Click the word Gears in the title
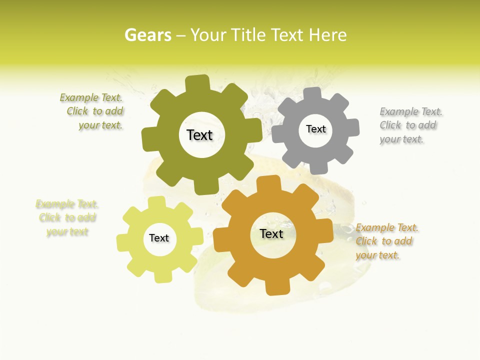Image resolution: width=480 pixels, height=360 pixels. [x=147, y=35]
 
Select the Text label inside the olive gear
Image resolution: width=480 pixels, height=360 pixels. [x=199, y=135]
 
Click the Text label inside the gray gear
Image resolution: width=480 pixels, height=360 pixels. [x=315, y=129]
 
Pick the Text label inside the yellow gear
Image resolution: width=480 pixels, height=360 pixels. [x=159, y=238]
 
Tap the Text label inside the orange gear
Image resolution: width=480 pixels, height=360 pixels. [x=271, y=233]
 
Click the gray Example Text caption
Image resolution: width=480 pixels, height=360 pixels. [x=410, y=125]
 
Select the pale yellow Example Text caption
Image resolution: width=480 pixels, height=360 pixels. [x=67, y=218]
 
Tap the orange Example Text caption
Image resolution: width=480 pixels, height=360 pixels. [x=386, y=241]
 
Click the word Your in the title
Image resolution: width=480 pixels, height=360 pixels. [x=208, y=35]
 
